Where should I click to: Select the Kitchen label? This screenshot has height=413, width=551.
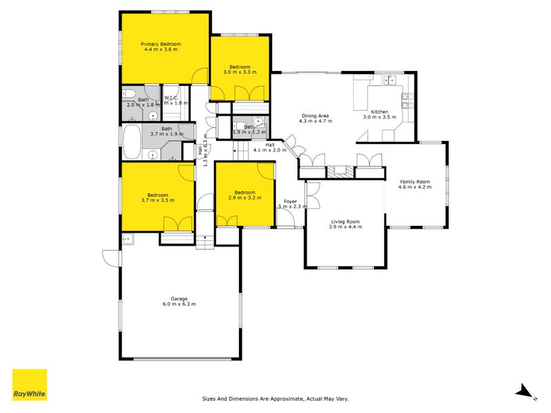[x=380, y=112]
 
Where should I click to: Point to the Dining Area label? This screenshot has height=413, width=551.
[x=315, y=116]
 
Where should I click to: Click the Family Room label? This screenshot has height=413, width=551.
[x=415, y=181]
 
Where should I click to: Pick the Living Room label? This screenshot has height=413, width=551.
[x=344, y=222]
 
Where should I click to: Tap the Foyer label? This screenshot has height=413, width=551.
[x=290, y=202]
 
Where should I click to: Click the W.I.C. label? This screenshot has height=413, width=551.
[x=171, y=98]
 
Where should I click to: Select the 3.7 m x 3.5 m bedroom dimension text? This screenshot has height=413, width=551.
[x=158, y=200]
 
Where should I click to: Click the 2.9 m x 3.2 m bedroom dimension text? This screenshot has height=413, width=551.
[x=245, y=198]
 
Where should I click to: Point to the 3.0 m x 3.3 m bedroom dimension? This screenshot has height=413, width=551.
[x=240, y=72]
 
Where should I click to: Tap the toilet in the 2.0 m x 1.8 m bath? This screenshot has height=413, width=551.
[x=129, y=94]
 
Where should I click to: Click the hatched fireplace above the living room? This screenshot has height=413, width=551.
[x=337, y=172]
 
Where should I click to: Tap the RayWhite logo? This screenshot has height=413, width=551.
[x=30, y=385]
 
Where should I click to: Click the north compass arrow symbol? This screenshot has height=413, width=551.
[x=525, y=391]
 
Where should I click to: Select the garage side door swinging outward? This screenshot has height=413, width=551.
[x=110, y=257]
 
